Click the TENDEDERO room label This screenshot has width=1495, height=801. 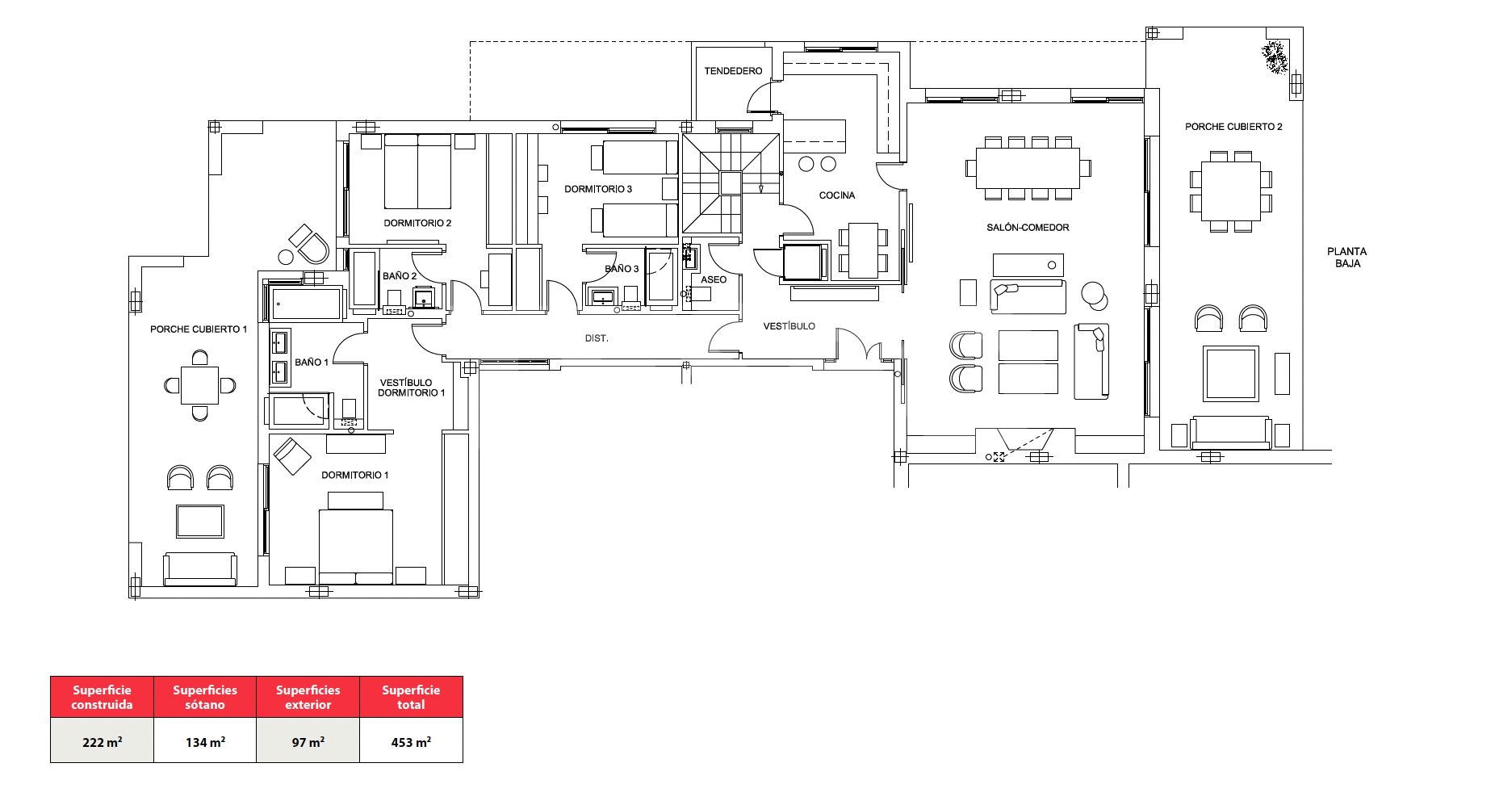[x=733, y=71]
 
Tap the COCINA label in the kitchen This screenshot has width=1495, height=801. [x=837, y=195]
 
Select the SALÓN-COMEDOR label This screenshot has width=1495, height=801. [x=1028, y=228]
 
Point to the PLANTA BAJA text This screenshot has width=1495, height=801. [x=1346, y=258]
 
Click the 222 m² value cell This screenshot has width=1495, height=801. [x=102, y=741]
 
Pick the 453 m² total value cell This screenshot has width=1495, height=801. [x=411, y=741]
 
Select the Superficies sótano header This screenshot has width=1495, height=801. [x=205, y=697]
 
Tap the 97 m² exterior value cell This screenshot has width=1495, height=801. [x=308, y=741]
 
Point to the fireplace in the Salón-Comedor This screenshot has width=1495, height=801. [x=1024, y=442]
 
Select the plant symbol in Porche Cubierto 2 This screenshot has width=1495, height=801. [x=1275, y=58]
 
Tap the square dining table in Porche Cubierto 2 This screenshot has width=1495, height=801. [x=1230, y=191]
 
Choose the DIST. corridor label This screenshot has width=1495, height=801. [x=597, y=338]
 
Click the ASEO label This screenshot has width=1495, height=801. [x=714, y=280]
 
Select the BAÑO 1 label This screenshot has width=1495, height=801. [x=312, y=363]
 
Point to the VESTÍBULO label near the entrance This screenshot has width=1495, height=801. [x=789, y=326]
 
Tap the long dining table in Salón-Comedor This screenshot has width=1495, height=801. [x=1028, y=168]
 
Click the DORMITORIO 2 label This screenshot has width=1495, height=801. [x=417, y=224]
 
